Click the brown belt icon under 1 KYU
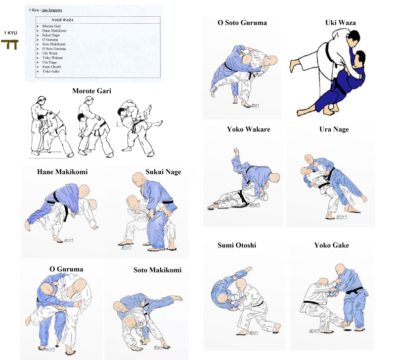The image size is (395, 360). [9, 44]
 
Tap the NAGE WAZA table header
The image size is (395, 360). [62, 20]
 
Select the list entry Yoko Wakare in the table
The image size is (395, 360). [52, 58]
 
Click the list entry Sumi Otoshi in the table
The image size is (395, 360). [51, 67]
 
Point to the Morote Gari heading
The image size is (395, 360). [91, 91]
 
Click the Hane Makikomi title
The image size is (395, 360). [62, 172]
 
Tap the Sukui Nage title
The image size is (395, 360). [163, 172]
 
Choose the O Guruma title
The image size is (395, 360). [66, 269]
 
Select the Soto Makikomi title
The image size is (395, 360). [157, 270]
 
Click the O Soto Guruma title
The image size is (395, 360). [242, 23]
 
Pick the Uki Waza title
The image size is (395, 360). [340, 23]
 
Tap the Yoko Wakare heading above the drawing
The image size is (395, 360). [248, 129]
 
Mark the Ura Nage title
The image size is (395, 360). [334, 129]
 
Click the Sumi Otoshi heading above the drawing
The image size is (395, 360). [237, 245]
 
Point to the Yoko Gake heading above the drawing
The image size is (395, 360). [332, 245]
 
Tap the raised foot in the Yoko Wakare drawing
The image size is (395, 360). [236, 152]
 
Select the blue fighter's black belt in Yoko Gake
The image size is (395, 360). [354, 291]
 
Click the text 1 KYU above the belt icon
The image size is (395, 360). [10, 33]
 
